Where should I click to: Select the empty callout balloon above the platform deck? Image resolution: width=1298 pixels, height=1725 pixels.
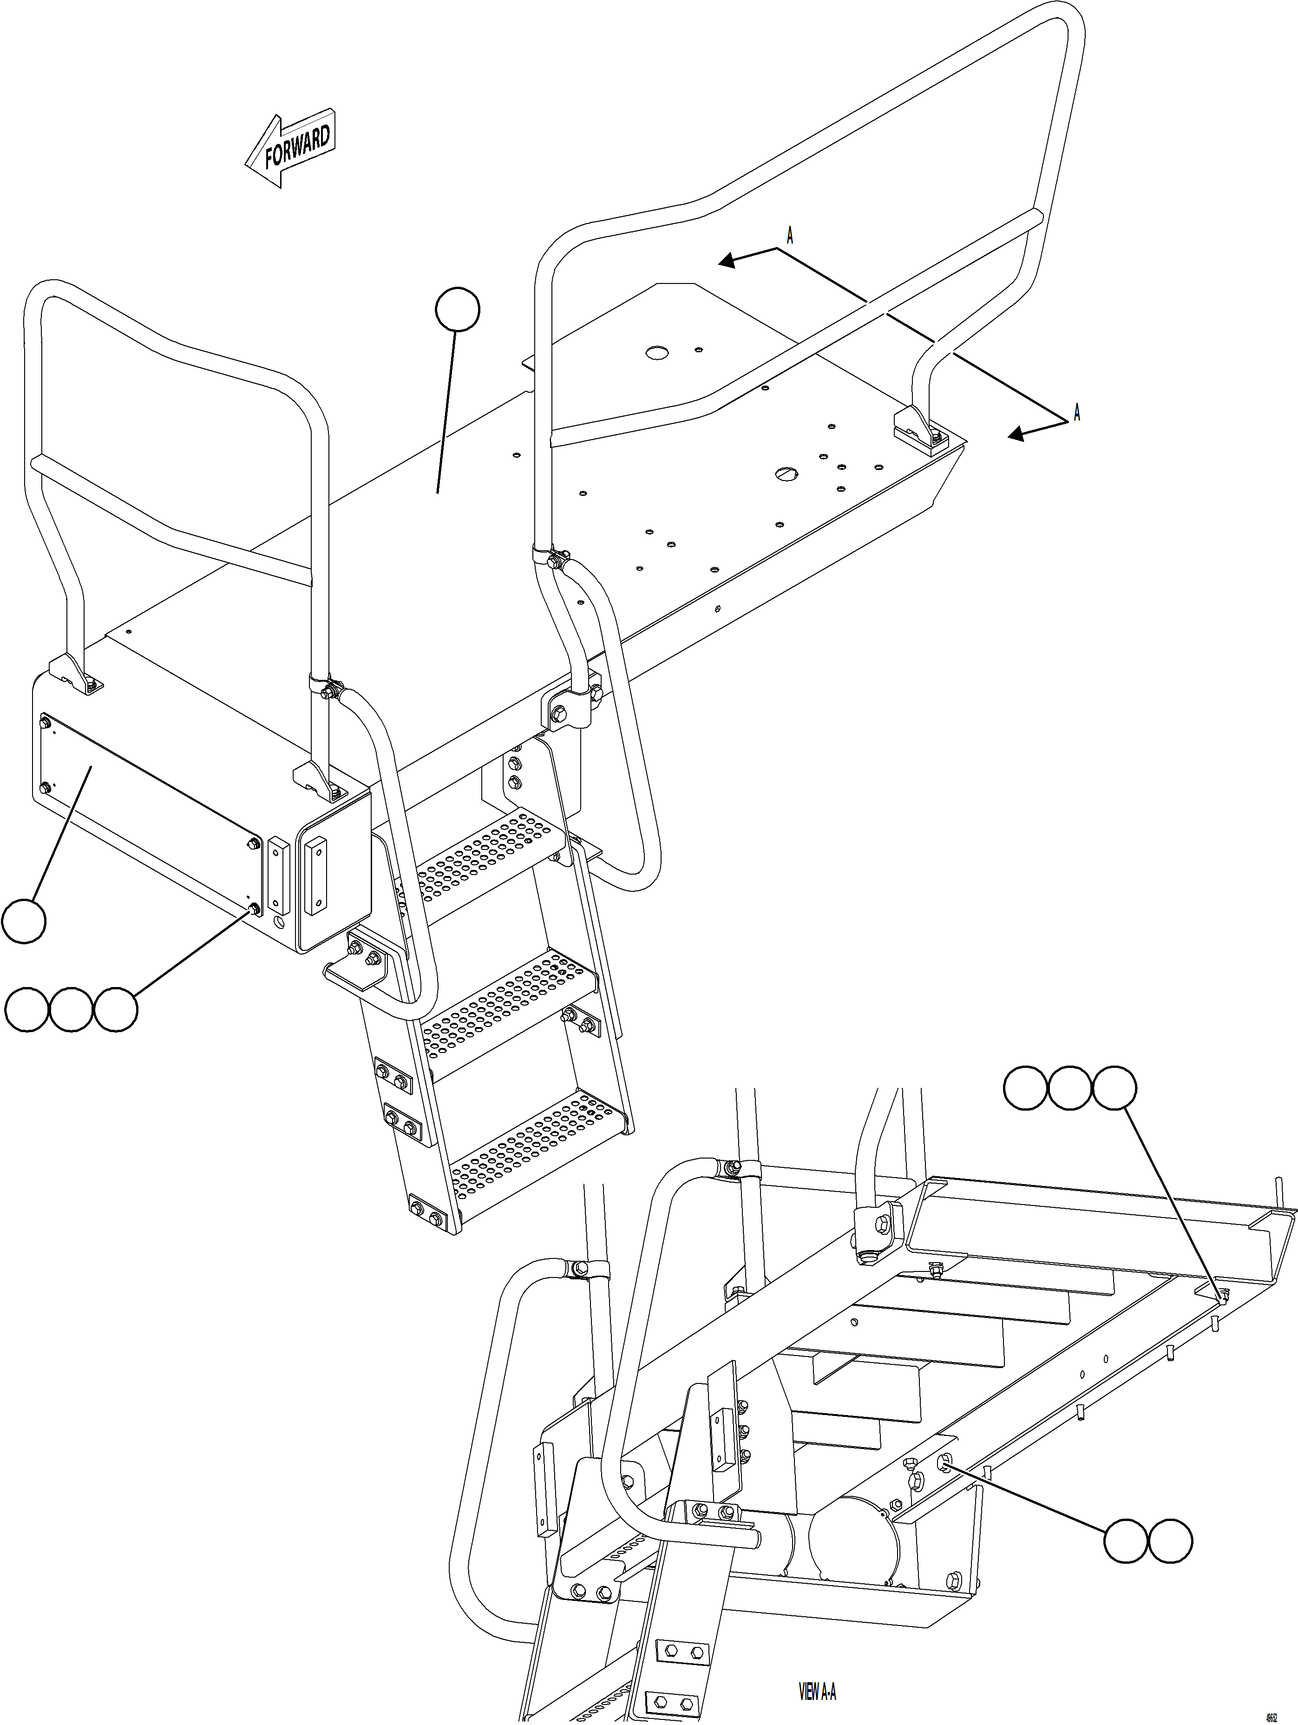pos(458,309)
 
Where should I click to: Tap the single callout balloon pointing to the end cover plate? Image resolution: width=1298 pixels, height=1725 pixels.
pos(23,921)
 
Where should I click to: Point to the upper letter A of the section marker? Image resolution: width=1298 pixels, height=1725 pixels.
pos(790,236)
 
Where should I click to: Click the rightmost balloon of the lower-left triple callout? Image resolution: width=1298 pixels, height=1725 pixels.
pos(116,1010)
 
